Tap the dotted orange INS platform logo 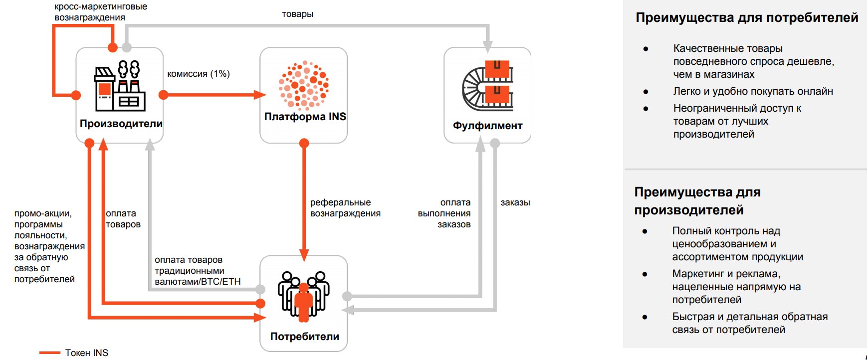tap(303, 85)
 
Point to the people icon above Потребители tap(303, 296)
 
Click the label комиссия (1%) tap(199, 74)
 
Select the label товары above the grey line tap(297, 14)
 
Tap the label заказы tap(515, 202)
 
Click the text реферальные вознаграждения tap(345, 208)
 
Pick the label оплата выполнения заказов tap(444, 213)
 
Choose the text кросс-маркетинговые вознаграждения tap(100, 12)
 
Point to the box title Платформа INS tap(305, 117)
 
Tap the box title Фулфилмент tap(487, 126)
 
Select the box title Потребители tap(304, 337)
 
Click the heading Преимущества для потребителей tap(746, 18)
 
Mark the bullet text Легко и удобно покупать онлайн tap(753, 91)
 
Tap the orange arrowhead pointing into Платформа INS tap(260, 95)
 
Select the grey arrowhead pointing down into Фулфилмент tap(487, 47)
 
